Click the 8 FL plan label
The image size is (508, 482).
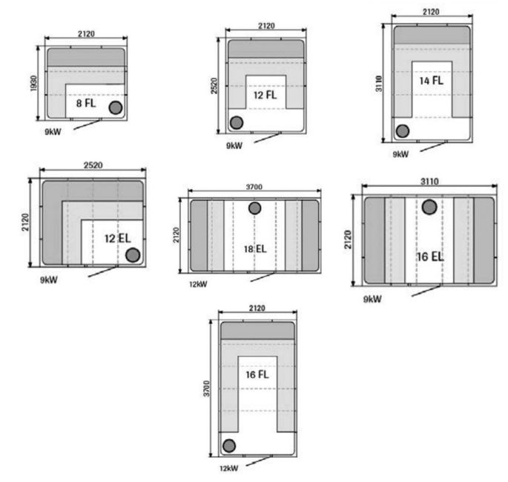(86, 103)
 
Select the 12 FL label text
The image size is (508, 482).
(265, 95)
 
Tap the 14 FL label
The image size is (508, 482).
(431, 80)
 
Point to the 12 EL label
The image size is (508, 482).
(117, 239)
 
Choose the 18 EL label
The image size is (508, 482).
(255, 248)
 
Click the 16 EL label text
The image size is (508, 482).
(430, 257)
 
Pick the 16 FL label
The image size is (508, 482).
(257, 374)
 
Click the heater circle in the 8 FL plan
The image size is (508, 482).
(116, 108)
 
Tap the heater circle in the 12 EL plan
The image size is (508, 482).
(133, 255)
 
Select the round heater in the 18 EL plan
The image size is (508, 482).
(254, 208)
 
